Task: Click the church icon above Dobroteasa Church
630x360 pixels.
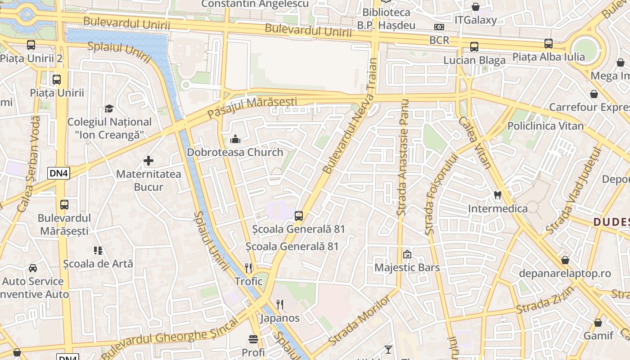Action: pos(235,139)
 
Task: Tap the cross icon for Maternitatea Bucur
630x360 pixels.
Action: pos(148,161)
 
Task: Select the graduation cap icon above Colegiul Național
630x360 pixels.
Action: pos(109,108)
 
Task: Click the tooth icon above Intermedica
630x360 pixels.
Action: pos(498,195)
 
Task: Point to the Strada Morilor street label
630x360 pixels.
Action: pos(360,320)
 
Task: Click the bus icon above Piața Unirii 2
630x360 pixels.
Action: pos(31,45)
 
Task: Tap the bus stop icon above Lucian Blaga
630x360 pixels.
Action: pos(474,47)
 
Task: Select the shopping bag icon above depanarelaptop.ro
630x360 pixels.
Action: pos(565,260)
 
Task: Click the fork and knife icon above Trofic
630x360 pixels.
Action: pos(248,268)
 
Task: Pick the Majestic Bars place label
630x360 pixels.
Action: pos(407,267)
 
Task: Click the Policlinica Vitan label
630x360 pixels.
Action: pos(545,126)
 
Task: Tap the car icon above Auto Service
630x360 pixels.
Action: pos(33,268)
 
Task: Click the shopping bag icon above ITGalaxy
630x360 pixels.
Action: pos(476,7)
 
